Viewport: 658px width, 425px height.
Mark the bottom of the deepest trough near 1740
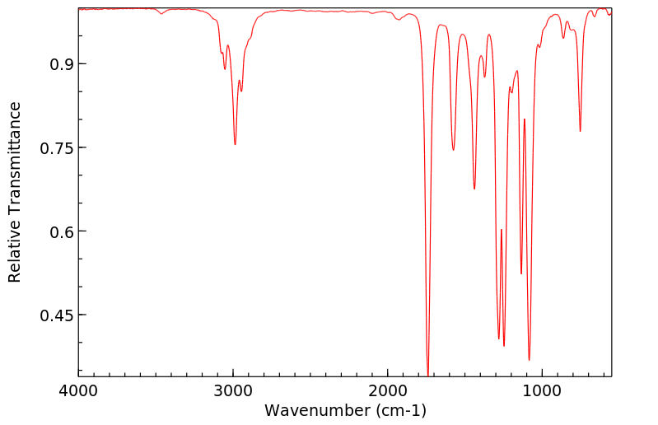428,374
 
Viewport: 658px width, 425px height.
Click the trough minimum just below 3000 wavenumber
235,145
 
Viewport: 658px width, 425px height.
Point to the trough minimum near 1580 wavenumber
453,150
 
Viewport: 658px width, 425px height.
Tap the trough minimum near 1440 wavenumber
474,189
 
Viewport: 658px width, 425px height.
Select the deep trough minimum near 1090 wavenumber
529,360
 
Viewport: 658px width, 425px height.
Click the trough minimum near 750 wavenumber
581,132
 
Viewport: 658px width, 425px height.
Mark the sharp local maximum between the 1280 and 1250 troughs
501,230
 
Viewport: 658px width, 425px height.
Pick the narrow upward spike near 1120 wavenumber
524,119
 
